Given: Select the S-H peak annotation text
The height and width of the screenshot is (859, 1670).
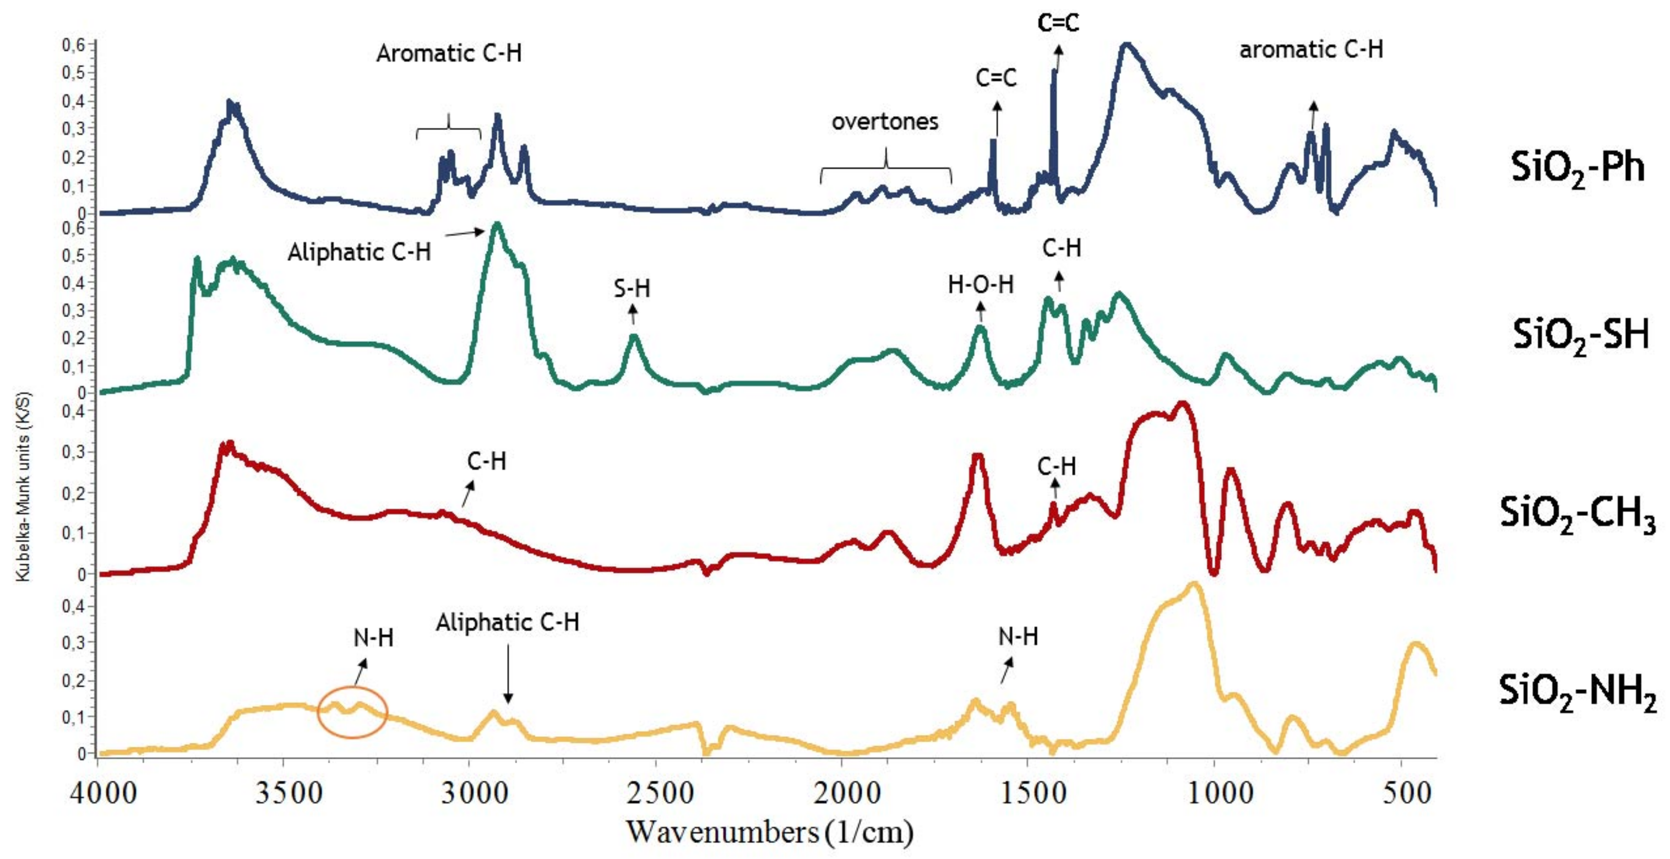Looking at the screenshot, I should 632,289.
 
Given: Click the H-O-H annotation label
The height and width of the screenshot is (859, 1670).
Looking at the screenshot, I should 980,285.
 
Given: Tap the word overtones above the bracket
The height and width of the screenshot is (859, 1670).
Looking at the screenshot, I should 885,122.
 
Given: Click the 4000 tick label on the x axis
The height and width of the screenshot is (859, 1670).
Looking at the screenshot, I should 104,793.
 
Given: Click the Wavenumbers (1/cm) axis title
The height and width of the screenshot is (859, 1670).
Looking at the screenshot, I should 770,832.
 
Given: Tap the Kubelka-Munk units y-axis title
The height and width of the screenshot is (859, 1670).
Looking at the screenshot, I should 23,486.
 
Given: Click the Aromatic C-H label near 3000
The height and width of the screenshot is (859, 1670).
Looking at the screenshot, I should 449,53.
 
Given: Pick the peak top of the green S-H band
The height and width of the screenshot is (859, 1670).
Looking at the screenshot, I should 634,336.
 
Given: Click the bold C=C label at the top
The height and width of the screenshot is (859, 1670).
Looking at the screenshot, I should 1058,23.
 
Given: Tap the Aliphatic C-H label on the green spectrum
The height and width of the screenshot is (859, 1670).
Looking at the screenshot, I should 359,252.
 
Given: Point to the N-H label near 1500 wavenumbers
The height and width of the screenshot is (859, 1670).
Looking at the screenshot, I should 1018,637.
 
